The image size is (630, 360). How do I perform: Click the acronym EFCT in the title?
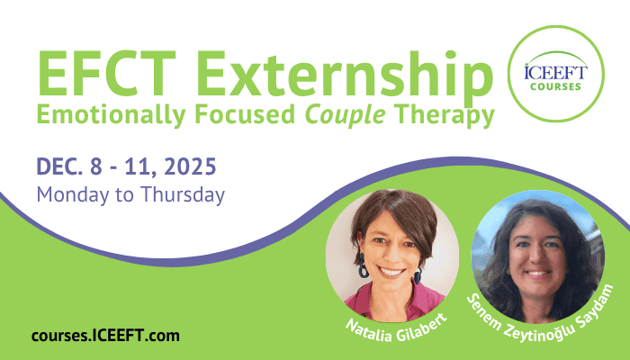click(106, 74)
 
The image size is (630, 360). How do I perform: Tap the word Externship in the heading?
click(345, 74)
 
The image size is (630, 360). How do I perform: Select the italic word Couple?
click(345, 115)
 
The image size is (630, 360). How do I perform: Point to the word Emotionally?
click(112, 114)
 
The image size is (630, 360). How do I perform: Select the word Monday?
click(73, 195)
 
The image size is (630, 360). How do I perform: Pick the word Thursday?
click(183, 195)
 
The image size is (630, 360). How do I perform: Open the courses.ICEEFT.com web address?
click(105, 336)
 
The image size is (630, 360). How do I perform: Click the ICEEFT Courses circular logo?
click(556, 74)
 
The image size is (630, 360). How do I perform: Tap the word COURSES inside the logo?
click(555, 86)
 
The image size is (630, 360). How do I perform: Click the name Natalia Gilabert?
click(396, 328)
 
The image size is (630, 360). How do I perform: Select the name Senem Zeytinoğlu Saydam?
click(541, 313)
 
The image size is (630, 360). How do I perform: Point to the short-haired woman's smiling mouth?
click(390, 273)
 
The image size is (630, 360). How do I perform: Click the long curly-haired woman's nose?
click(535, 257)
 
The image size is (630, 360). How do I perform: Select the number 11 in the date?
click(139, 166)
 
